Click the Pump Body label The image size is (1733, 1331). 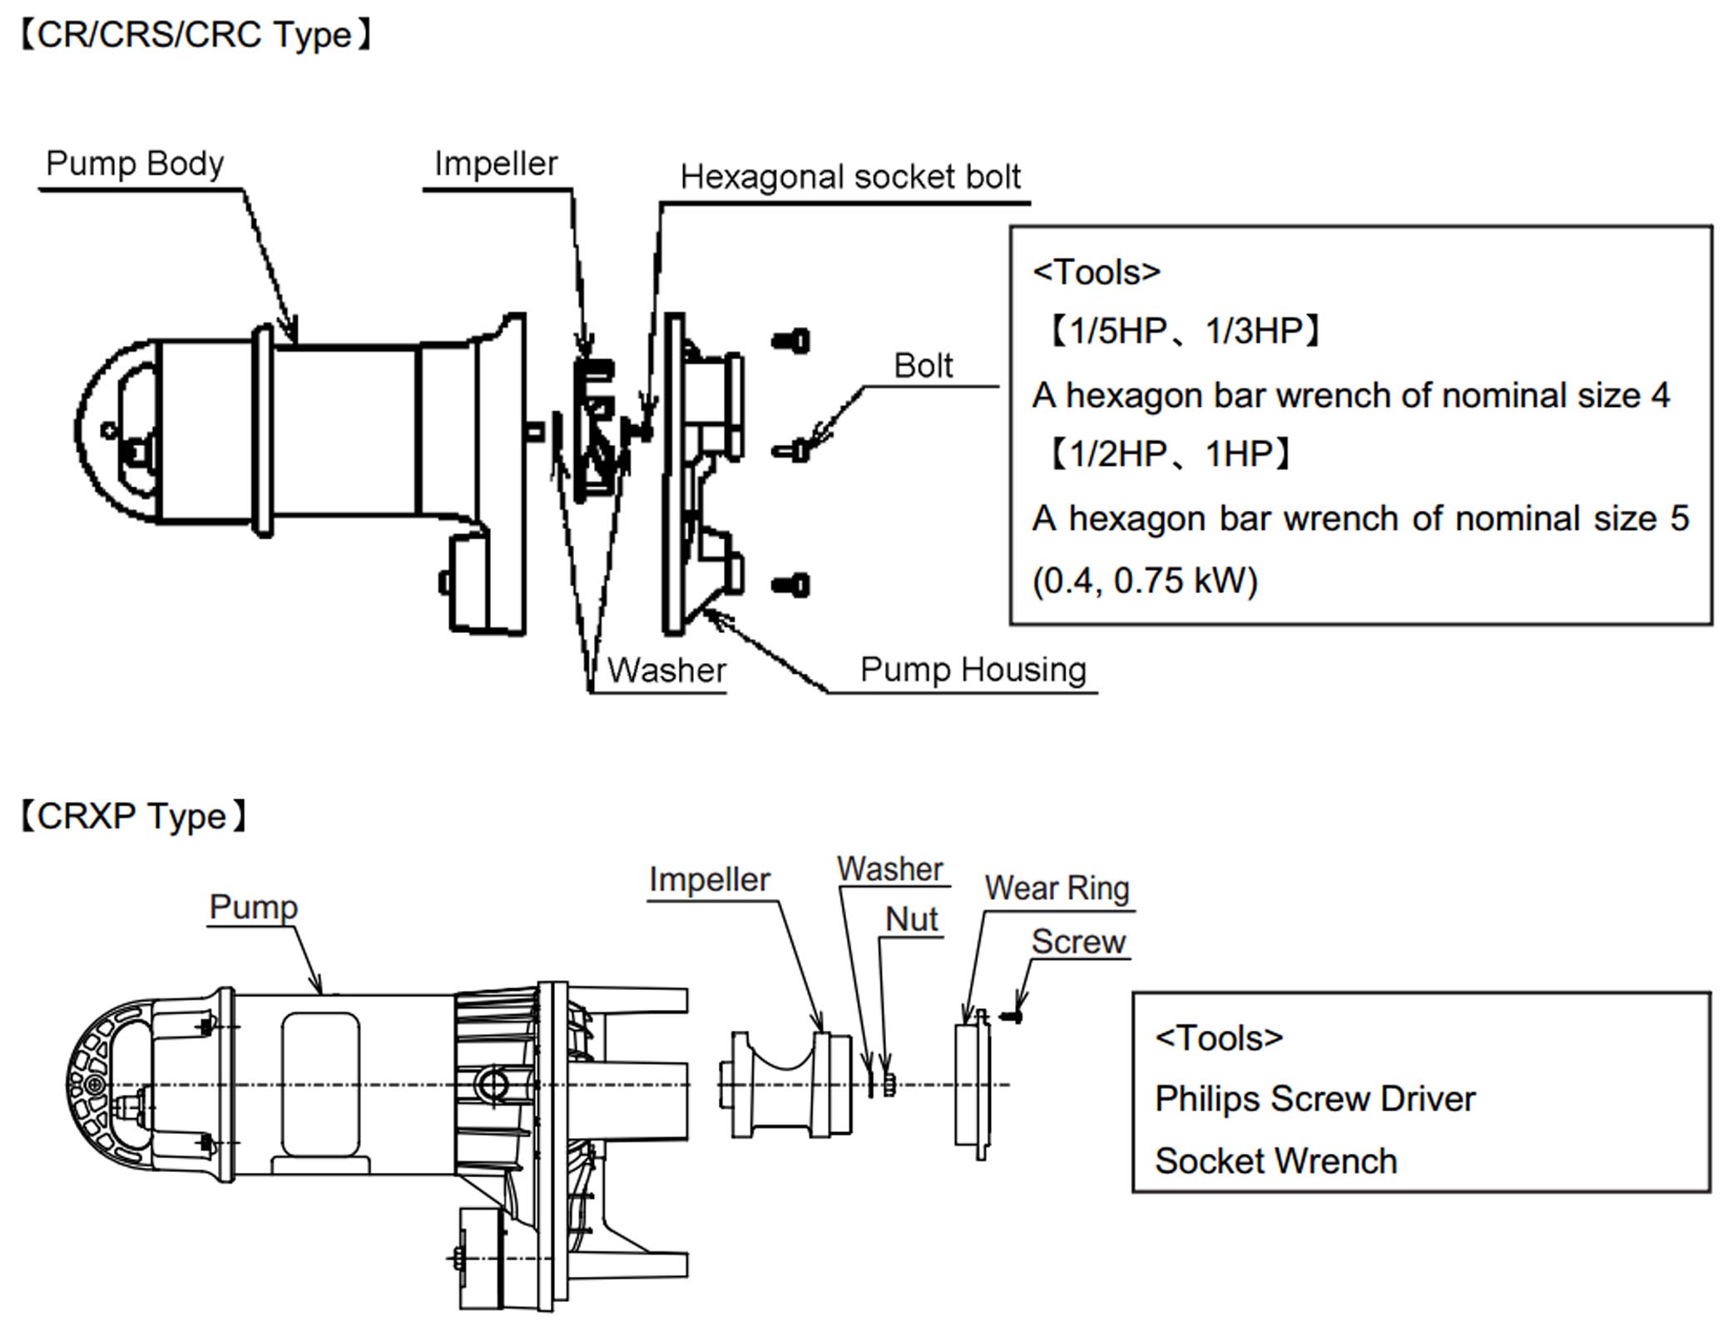coord(134,164)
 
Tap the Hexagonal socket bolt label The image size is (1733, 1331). coord(849,177)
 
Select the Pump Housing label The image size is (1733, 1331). coord(973,670)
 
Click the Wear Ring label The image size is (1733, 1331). coord(1057,888)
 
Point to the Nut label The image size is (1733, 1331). coord(911,919)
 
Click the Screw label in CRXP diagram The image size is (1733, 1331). coord(1077,942)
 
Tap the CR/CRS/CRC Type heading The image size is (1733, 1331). coord(195,35)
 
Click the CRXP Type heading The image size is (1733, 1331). coord(133,816)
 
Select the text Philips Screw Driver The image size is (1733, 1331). coord(1314,1099)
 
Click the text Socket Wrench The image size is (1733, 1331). coord(1275,1161)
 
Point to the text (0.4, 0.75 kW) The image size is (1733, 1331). coord(1145,581)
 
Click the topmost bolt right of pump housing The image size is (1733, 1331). coord(791,341)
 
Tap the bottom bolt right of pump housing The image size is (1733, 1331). coord(791,585)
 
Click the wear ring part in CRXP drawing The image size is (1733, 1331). coord(973,1086)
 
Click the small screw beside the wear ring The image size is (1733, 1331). coord(1011,1017)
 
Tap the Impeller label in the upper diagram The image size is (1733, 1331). coord(496,164)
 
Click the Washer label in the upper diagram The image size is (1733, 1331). coord(666,670)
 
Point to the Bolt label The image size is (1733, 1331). coord(923,366)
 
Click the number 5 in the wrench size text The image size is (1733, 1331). coord(1679,519)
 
